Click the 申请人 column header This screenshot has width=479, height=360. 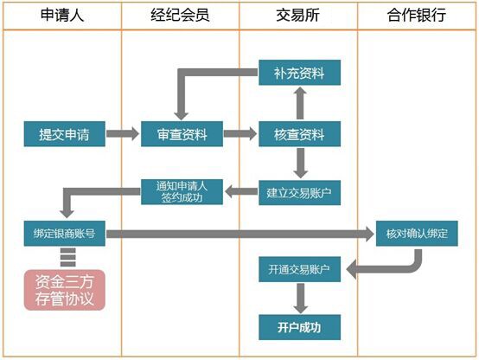click(62, 16)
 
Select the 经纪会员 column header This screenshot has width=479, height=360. click(180, 16)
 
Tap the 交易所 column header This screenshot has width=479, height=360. click(297, 16)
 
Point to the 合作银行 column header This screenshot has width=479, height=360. click(417, 16)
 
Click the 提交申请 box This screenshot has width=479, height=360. click(65, 134)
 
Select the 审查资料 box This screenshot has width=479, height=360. click(182, 134)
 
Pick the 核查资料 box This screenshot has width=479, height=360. click(300, 134)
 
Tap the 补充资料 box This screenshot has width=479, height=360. click(300, 73)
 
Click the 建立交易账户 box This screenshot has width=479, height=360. click(300, 193)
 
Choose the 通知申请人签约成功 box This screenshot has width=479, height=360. click(182, 192)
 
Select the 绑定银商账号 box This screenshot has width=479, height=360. click(65, 234)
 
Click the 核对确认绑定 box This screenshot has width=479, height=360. click(417, 234)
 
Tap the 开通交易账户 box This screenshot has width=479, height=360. click(300, 269)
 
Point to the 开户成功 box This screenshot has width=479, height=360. click(300, 327)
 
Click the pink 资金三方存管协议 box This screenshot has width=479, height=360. click(65, 290)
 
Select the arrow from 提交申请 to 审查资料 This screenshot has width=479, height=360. click(123, 133)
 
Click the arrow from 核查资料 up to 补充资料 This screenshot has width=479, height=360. click(300, 103)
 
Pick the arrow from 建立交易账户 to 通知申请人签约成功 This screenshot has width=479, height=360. click(241, 192)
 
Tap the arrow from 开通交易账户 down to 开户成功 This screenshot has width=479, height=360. click(301, 299)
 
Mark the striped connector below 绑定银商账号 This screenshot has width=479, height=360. click(67, 257)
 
